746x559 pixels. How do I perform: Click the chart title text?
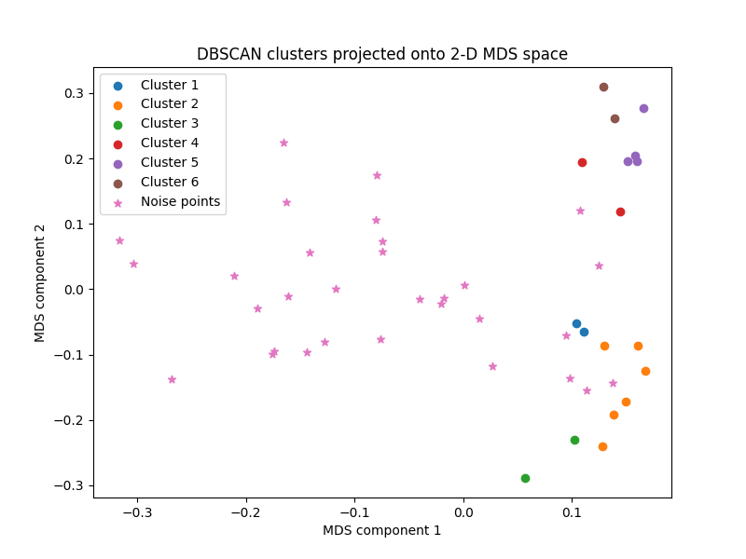(x=381, y=54)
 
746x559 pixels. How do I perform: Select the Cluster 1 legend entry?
(x=169, y=85)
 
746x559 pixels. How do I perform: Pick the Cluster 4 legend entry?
(x=169, y=143)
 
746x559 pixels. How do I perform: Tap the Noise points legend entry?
(x=180, y=201)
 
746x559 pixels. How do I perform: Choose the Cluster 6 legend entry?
(x=169, y=182)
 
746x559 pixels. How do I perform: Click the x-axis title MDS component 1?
(x=381, y=530)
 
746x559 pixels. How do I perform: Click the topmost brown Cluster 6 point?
(x=603, y=87)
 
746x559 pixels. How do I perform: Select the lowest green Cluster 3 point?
(x=525, y=478)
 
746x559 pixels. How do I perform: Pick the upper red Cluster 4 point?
(x=582, y=162)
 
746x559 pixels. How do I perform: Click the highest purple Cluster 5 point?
(x=643, y=108)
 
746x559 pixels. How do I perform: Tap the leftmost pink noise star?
(x=119, y=240)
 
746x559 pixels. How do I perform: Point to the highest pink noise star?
(x=283, y=143)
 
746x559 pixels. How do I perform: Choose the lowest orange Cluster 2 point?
(x=602, y=446)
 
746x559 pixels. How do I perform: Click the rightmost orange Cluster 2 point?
(x=645, y=371)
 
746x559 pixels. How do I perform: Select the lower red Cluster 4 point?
(x=620, y=211)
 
